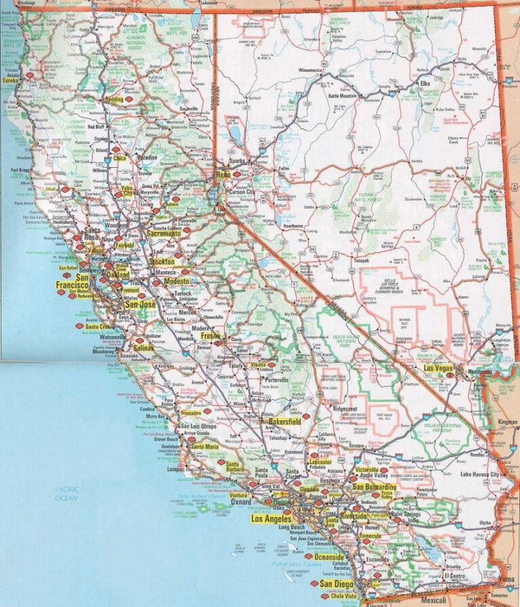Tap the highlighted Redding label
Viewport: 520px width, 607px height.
114,99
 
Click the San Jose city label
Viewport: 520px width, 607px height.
140,305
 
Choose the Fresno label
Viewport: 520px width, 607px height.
210,335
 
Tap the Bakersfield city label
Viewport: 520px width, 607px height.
284,421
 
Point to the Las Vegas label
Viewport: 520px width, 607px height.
438,367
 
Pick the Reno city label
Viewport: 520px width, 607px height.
223,175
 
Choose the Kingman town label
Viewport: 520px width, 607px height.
506,422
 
